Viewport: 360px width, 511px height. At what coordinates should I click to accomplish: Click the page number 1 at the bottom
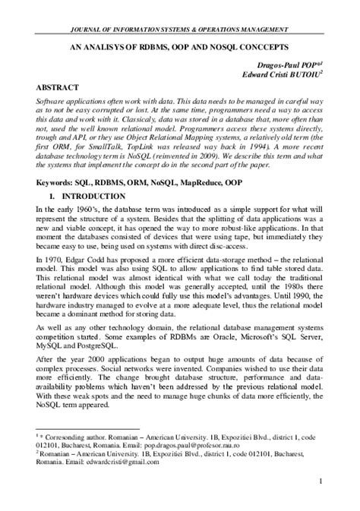(322, 481)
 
